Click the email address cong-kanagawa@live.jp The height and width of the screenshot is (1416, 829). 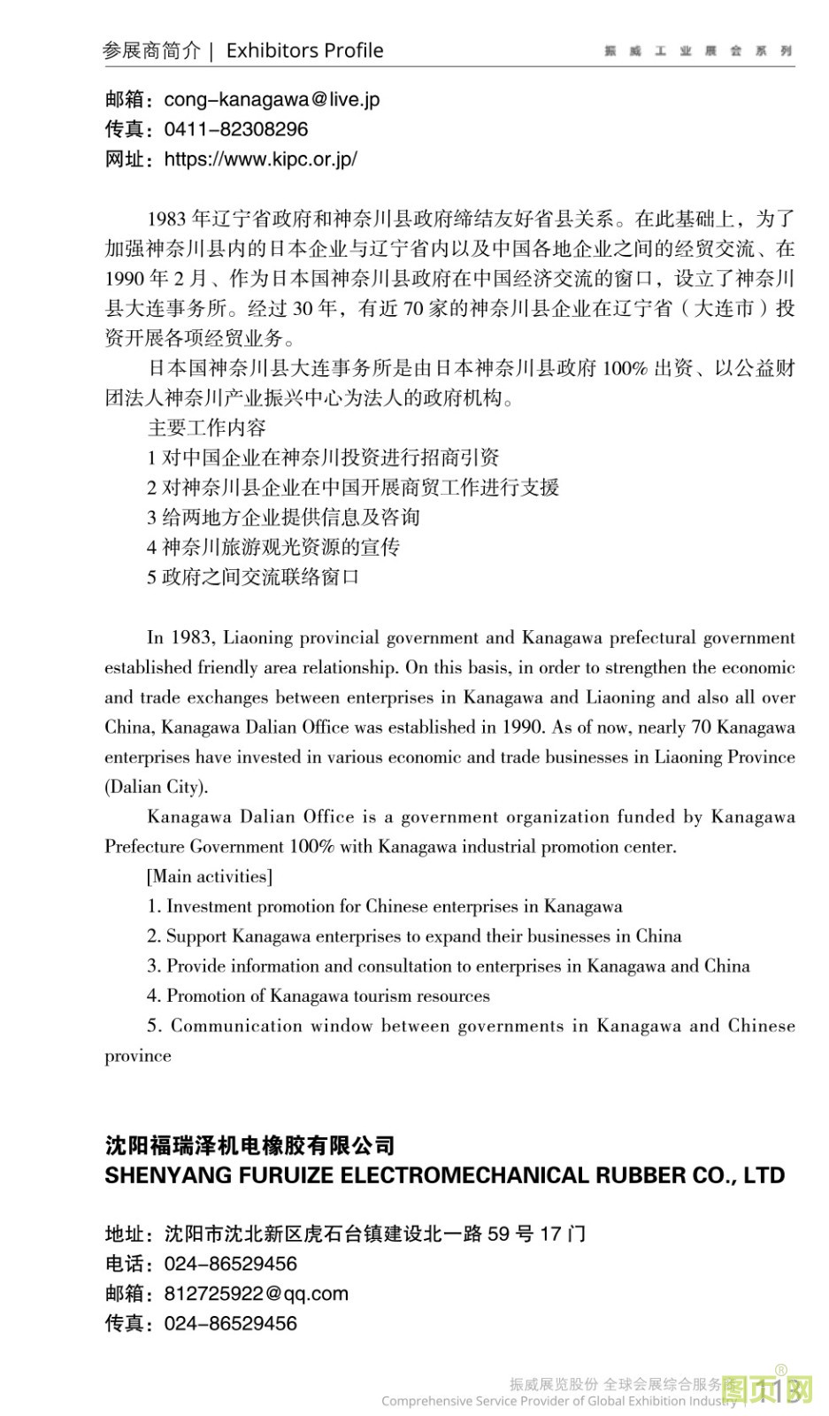(272, 99)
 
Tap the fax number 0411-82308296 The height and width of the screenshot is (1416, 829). (236, 129)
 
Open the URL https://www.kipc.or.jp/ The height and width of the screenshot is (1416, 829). (260, 159)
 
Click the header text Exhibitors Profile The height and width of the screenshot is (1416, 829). (304, 50)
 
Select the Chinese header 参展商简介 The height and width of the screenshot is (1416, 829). (151, 50)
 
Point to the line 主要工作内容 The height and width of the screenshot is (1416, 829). (206, 427)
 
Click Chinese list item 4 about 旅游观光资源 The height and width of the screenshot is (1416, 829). (272, 547)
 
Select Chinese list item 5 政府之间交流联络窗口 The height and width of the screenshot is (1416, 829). (253, 577)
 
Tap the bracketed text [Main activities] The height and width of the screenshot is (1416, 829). (210, 876)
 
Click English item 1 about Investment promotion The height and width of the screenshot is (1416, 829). (384, 906)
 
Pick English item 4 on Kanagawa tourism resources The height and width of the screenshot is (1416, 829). (318, 996)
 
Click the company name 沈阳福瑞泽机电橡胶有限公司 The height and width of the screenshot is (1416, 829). (249, 1145)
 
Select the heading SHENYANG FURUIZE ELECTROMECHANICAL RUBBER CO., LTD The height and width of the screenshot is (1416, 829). (444, 1175)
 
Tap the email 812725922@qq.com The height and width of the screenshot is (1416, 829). (256, 1293)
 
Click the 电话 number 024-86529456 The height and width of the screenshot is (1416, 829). (230, 1264)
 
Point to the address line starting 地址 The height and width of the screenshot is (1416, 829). (345, 1234)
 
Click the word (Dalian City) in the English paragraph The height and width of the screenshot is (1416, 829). (157, 787)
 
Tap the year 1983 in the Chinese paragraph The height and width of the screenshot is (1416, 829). (166, 219)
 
